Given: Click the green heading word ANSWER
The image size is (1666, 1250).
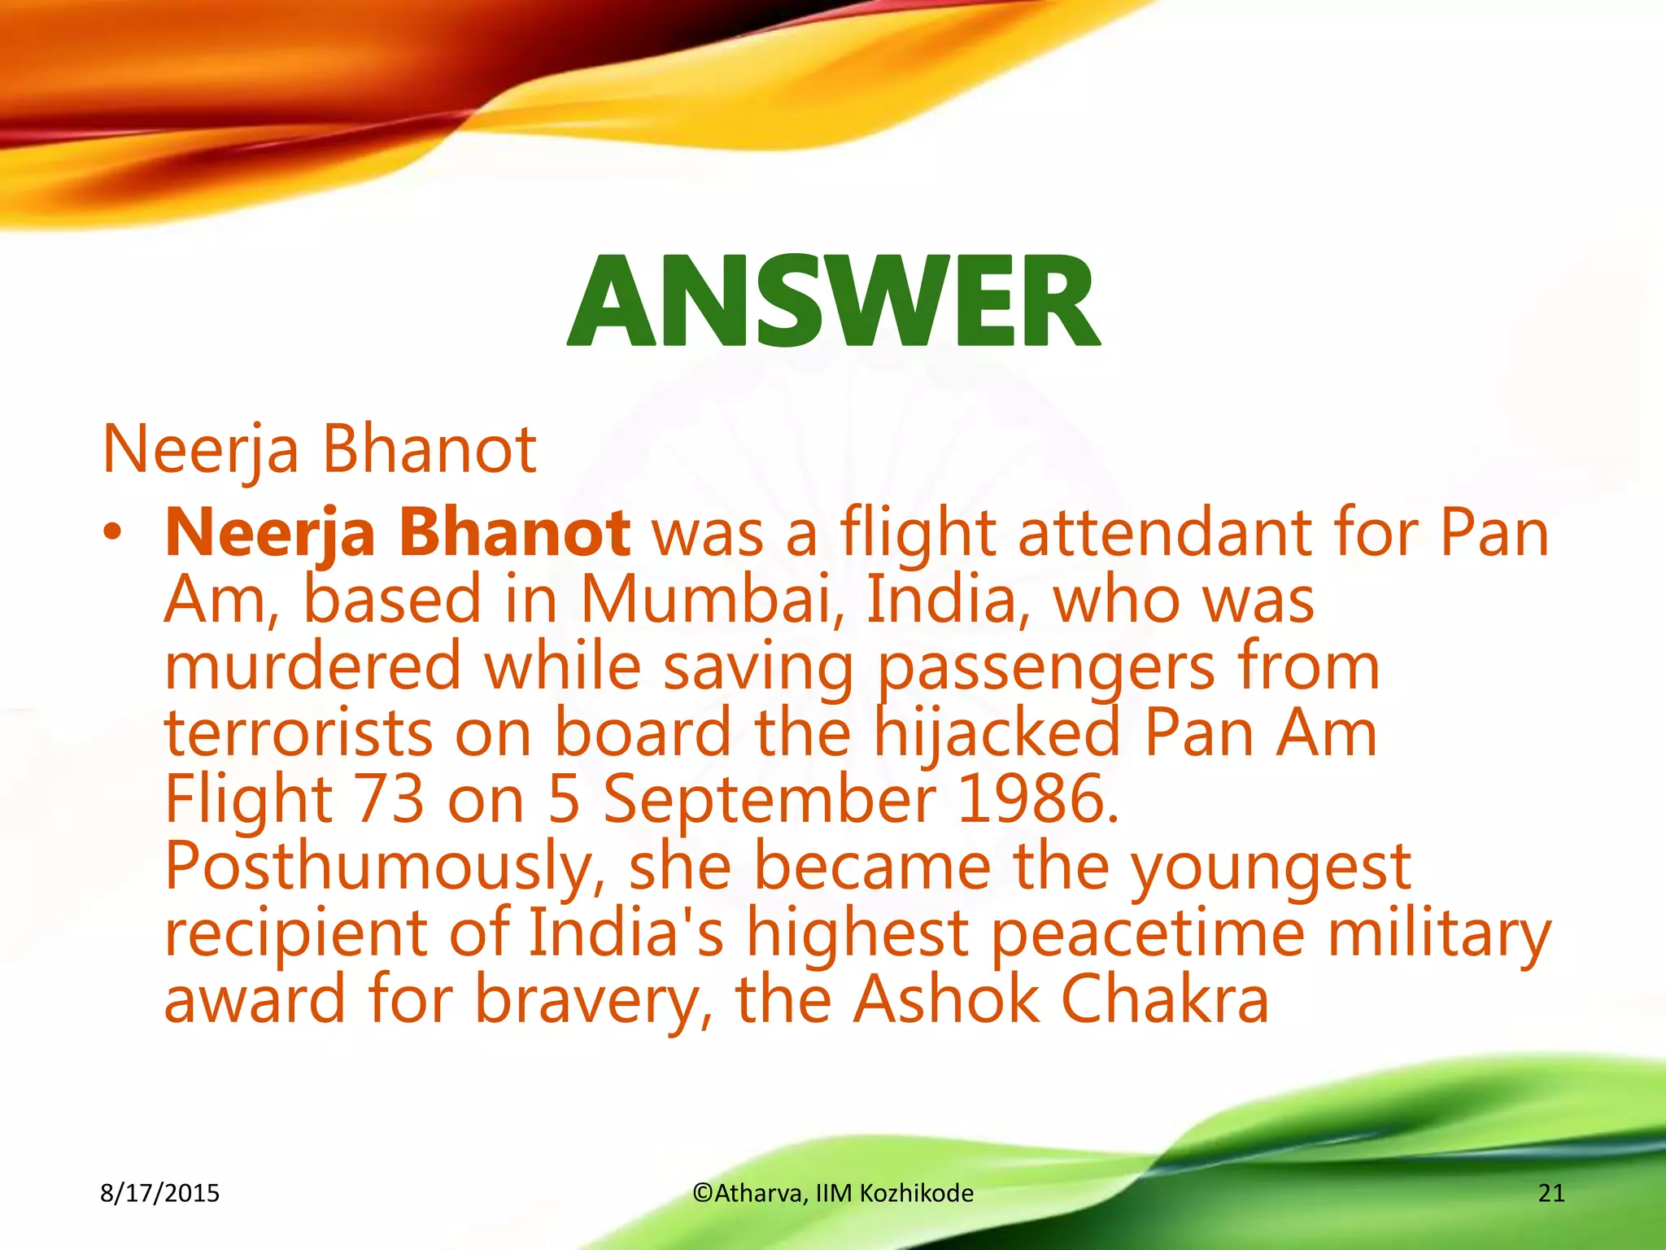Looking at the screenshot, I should pos(833,301).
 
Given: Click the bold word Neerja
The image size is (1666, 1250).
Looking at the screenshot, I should pos(270,533).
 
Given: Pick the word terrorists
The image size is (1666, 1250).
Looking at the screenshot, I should pos(298,732).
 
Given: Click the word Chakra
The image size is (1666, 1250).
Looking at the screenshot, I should pos(1165,999).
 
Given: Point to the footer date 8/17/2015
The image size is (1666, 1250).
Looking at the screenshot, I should pos(159,1193).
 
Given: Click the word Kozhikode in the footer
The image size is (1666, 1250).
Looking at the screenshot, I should pos(917,1193).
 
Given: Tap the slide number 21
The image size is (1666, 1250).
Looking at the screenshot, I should pos(1551,1193).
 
